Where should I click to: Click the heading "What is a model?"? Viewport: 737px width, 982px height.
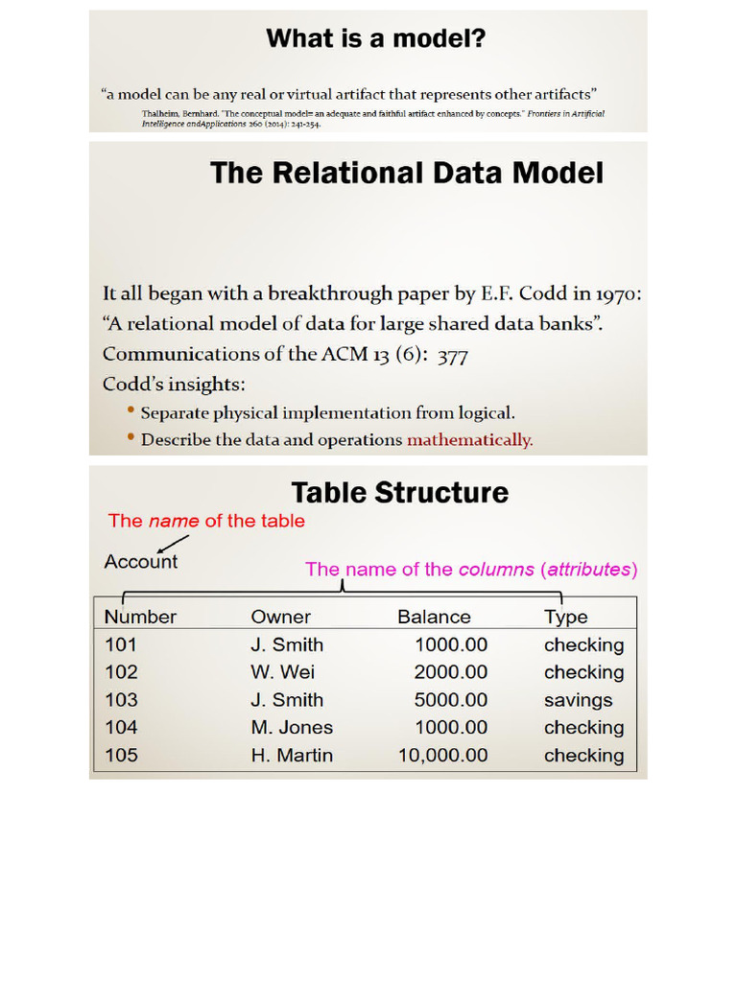coord(376,39)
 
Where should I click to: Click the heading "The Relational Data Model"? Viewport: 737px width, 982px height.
coord(407,174)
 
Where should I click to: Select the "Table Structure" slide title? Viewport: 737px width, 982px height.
coord(399,493)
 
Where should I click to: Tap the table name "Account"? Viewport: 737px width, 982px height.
coord(141,562)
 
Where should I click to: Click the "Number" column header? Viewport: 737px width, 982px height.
coord(141,618)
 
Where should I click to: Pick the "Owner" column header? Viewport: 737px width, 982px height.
coord(280,618)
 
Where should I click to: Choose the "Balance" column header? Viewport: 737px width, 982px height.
coord(434,618)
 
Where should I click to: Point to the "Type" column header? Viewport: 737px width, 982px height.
coord(565,618)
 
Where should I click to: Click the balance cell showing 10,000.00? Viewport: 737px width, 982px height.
coord(443,756)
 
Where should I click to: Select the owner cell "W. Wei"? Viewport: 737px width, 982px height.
coord(282,672)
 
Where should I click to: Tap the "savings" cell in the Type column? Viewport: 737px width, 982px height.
coord(578,700)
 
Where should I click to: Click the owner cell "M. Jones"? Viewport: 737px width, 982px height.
coord(292,728)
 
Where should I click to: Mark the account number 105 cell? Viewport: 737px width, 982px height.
coord(121,756)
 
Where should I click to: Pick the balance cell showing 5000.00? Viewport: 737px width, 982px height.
coord(451,700)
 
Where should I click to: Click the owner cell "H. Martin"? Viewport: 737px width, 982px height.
coord(292,756)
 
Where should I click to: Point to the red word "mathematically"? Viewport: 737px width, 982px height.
coord(469,440)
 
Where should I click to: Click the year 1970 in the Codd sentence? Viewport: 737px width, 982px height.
coord(614,294)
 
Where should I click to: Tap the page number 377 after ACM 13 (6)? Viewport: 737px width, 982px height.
coord(452,356)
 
